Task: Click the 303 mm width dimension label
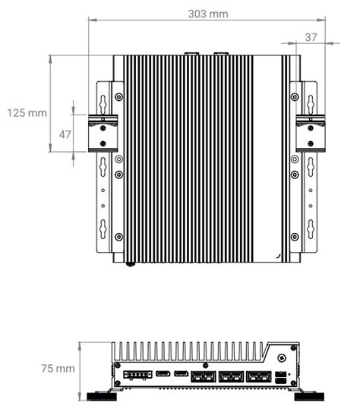207,14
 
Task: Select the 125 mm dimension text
26,112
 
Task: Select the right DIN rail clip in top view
309,133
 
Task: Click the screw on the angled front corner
282,356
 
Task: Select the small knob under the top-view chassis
131,264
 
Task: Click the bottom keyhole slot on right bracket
310,227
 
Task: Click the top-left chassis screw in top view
118,96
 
